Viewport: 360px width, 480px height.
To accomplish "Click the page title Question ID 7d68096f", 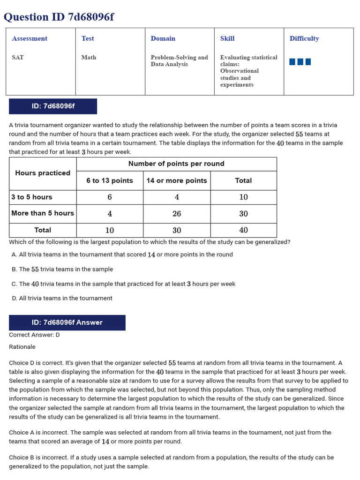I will [x=59, y=17].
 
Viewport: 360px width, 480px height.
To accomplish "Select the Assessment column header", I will [x=30, y=38].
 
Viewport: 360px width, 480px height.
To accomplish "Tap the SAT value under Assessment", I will [x=18, y=57].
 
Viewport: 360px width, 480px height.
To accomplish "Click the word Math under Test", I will [x=89, y=57].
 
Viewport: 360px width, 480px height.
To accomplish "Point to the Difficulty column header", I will [x=304, y=38].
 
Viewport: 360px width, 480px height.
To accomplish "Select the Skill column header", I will [x=227, y=38].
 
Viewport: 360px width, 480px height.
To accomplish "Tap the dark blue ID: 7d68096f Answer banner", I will [x=67, y=322].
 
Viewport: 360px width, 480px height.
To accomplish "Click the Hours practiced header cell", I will [x=43, y=173].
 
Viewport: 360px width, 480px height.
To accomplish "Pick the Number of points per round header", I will [x=176, y=164].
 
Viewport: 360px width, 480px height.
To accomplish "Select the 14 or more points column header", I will [x=177, y=180].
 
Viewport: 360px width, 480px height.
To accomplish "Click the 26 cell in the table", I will [x=177, y=213].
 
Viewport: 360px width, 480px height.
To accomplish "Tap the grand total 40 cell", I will [x=243, y=230].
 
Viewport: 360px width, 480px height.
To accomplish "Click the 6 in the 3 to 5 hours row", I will [x=110, y=197].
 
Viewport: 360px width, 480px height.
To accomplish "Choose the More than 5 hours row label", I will [x=43, y=213].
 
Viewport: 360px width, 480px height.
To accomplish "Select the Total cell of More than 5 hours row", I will [x=243, y=213].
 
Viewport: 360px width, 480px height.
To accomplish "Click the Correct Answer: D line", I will [x=34, y=335].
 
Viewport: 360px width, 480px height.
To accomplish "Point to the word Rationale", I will [x=22, y=347].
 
